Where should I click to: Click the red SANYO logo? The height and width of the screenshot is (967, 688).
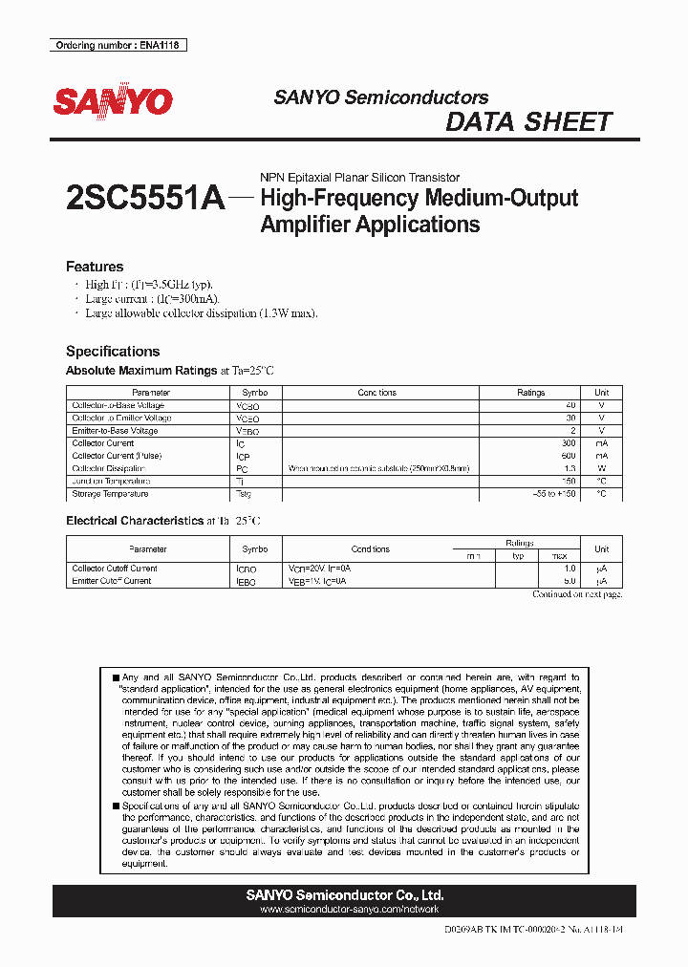point(113,101)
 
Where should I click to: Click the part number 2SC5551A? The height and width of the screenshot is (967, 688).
point(145,199)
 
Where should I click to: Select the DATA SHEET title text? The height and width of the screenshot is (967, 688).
point(528,122)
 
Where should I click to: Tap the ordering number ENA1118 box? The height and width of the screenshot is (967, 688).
point(118,45)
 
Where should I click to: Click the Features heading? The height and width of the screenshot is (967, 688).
point(94,267)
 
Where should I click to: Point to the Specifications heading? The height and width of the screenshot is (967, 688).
point(113,351)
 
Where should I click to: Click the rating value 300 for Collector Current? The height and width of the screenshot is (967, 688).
point(569,443)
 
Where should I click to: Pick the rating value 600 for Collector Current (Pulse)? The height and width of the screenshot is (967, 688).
point(569,456)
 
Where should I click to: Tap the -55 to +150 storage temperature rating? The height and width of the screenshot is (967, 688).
point(554,494)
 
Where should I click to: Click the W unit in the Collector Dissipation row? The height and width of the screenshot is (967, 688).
point(602,468)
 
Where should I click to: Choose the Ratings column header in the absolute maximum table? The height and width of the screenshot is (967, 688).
point(530,393)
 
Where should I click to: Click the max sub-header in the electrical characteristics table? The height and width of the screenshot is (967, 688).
point(559,555)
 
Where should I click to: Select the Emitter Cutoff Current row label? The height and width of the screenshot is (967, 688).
point(112,581)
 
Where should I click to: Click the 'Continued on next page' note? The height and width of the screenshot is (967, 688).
point(577,594)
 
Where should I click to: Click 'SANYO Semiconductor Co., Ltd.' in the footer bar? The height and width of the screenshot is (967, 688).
point(344,895)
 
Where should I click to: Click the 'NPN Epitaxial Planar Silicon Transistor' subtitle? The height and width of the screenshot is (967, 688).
point(360,178)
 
